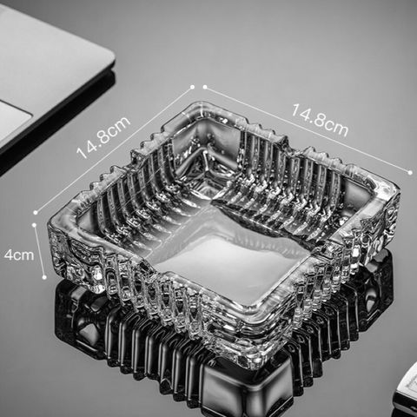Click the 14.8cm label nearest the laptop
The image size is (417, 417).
click(103, 137)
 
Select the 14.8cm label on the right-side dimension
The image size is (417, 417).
click(320, 120)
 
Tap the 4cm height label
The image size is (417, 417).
click(19, 255)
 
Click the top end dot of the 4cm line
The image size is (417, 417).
click(35, 225)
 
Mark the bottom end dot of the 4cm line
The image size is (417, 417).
click(44, 277)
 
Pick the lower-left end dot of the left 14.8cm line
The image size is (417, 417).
click(36, 213)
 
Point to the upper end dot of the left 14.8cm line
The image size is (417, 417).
click(192, 87)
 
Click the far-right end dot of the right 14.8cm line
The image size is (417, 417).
click(410, 173)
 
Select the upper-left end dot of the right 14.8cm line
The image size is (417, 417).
click(205, 87)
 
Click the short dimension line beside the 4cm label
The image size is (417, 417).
click(39, 251)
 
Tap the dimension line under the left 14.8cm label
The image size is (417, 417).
click(114, 149)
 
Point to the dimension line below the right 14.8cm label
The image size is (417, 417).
click(308, 129)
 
